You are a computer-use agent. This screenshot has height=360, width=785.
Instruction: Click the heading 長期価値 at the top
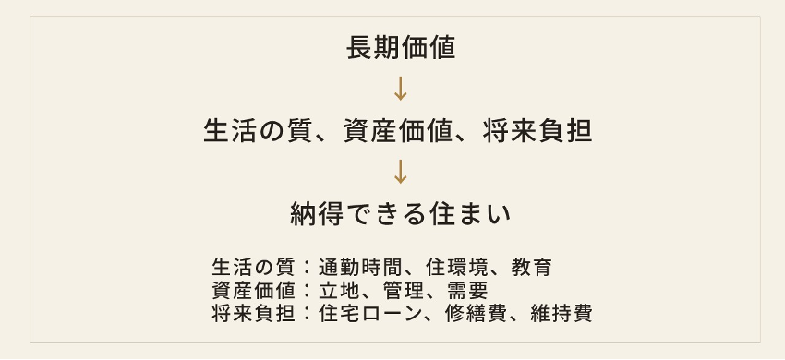[x=401, y=49]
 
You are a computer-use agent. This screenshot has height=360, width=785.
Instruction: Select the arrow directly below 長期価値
[x=400, y=89]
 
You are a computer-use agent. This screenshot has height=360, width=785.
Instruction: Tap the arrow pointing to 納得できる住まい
[x=400, y=172]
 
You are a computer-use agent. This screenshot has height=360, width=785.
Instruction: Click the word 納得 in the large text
[x=317, y=214]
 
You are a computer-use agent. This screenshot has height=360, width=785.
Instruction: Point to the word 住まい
[x=470, y=214]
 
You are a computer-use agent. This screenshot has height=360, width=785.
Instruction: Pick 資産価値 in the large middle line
[x=399, y=131]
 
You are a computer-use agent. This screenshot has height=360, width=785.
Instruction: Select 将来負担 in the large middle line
[x=537, y=131]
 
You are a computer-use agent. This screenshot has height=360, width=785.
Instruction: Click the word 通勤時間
[x=360, y=268]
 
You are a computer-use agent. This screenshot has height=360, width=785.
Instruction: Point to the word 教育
[x=532, y=268]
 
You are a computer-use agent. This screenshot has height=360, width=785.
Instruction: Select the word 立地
[x=339, y=291]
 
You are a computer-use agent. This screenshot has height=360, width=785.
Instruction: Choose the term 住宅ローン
[x=370, y=314]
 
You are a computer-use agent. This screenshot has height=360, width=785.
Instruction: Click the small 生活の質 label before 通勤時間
[x=253, y=268]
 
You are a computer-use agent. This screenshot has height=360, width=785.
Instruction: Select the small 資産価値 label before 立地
[x=253, y=291]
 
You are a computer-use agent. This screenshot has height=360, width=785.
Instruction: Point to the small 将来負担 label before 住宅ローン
[x=253, y=314]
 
